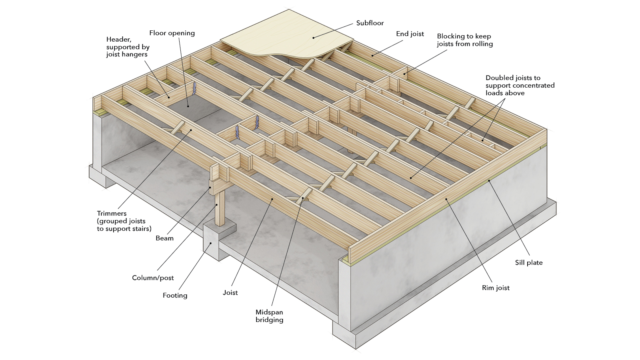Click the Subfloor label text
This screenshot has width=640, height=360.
click(370, 23)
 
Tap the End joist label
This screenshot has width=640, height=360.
click(410, 34)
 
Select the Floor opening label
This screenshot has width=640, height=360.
click(172, 33)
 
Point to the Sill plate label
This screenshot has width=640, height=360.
click(528, 263)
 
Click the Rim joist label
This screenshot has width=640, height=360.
click(496, 288)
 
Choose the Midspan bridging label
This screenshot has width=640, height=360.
click(269, 316)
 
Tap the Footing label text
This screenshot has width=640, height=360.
click(175, 296)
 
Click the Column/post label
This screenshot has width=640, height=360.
click(153, 278)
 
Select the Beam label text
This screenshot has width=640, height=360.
click(164, 238)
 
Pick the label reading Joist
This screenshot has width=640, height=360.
click(230, 293)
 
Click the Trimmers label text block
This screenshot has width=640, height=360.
click(124, 221)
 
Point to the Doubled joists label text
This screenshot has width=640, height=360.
click(520, 85)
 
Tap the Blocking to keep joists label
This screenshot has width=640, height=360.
click(464, 40)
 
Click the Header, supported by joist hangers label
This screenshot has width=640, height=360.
click(128, 47)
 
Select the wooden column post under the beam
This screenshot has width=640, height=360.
click(220, 208)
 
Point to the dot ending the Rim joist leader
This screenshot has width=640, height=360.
click(446, 198)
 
